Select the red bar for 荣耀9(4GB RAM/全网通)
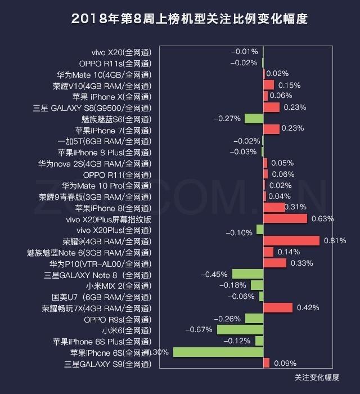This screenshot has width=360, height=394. [x=291, y=241]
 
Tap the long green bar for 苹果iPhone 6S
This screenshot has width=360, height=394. [x=218, y=352]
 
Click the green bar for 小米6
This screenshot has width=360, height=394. [x=240, y=330]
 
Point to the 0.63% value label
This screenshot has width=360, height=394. [x=323, y=219]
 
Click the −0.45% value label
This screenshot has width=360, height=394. [x=214, y=275]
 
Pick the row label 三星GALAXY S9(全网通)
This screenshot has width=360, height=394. [x=109, y=364]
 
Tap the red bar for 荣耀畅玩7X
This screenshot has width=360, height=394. [x=278, y=308]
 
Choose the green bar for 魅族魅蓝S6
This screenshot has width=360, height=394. [x=254, y=119]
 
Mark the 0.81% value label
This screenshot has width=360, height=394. [x=335, y=241]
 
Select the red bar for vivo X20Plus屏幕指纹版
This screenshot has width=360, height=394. [x=285, y=219]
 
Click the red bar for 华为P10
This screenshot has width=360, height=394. [x=274, y=263]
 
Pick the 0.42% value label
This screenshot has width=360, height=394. [x=308, y=308]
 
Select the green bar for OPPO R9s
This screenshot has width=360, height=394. [x=254, y=319]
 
